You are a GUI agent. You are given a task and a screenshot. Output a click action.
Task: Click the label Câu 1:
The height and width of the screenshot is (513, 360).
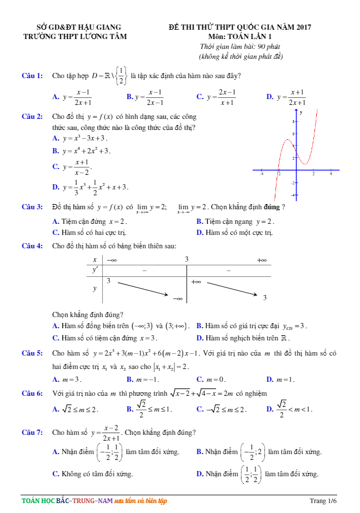point(32,76)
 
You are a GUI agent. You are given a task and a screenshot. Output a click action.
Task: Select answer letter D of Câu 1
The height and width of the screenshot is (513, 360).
point(270,97)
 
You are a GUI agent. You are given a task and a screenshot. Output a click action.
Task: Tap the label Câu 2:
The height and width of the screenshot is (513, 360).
point(32,117)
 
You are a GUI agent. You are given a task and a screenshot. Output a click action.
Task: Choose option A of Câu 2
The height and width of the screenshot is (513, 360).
point(55,138)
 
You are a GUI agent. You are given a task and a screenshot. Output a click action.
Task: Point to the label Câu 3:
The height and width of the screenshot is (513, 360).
point(32,207)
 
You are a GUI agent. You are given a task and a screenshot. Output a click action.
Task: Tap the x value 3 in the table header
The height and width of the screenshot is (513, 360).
point(187,259)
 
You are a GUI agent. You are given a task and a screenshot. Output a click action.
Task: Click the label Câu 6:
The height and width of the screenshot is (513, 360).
point(32,393)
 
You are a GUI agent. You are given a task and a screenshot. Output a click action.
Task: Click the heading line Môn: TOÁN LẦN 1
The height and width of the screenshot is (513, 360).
point(239,36)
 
